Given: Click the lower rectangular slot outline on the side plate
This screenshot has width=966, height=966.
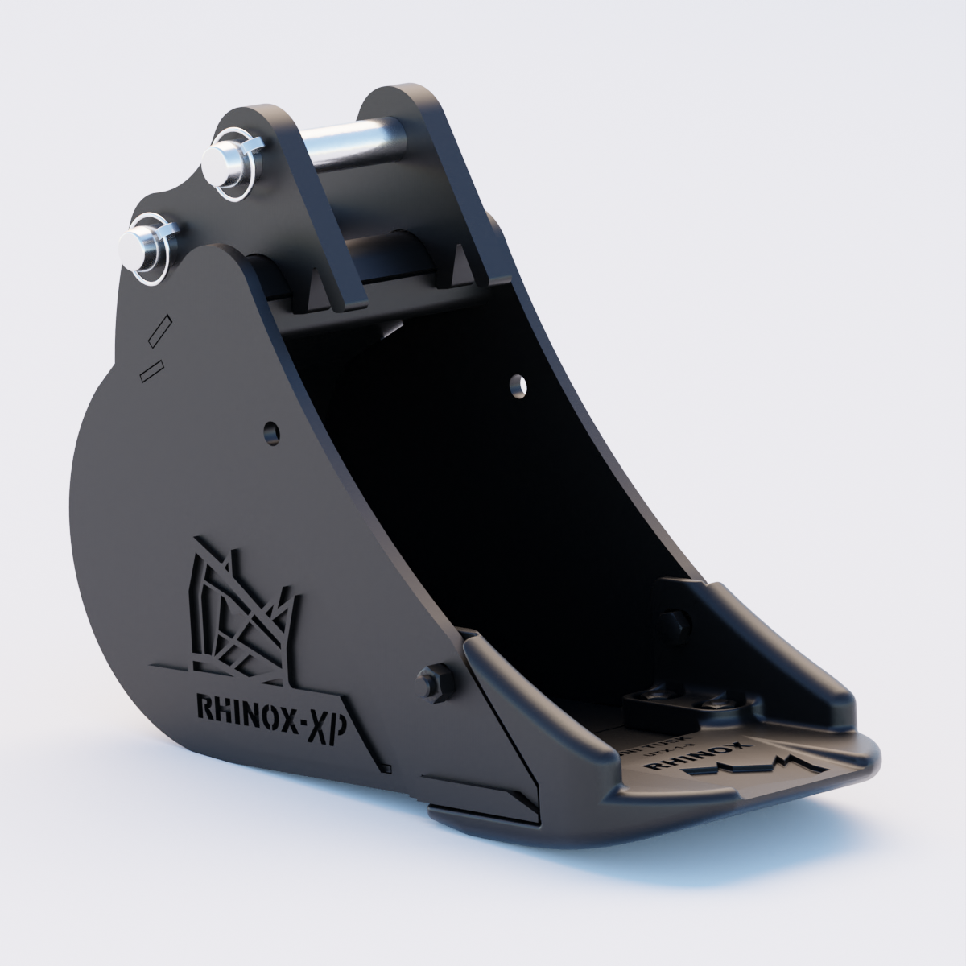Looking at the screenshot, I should (x=151, y=369).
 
